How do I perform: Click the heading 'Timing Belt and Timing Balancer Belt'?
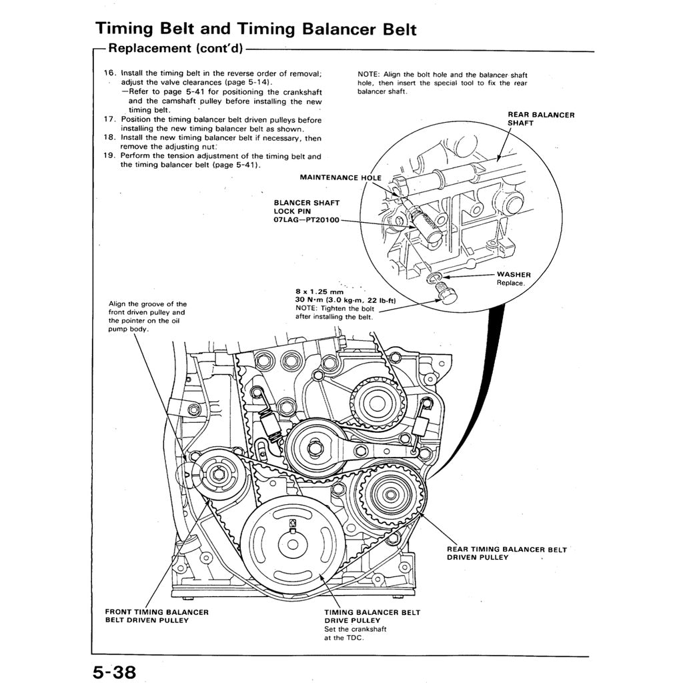point(256,29)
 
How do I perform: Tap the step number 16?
point(110,72)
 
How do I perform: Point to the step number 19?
point(110,157)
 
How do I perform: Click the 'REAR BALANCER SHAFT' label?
point(541,119)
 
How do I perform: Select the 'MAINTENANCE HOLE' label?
point(340,178)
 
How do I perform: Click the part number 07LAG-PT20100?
point(306,219)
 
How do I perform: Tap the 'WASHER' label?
point(514,274)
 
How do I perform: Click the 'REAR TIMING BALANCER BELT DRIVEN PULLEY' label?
point(506,553)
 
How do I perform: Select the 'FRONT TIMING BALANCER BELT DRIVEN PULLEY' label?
point(157,616)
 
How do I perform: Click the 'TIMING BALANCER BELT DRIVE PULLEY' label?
point(372,616)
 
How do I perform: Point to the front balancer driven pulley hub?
point(215,475)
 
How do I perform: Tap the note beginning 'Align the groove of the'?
point(147,316)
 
